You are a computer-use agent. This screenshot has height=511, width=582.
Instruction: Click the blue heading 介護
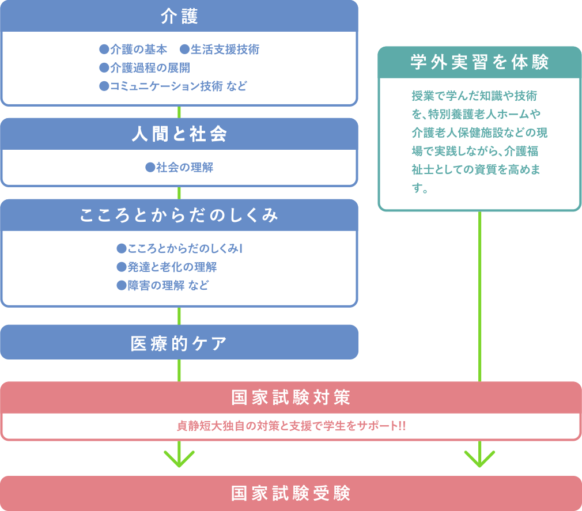[x=179, y=17]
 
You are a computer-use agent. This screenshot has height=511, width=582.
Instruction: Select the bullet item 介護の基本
[x=133, y=50]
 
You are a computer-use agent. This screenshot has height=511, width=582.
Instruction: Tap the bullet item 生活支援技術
[x=220, y=50]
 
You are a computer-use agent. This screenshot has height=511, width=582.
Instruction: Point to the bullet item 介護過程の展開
[x=145, y=68]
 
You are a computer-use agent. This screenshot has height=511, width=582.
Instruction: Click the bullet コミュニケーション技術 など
[x=173, y=86]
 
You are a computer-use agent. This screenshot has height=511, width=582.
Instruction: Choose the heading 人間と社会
[x=179, y=134]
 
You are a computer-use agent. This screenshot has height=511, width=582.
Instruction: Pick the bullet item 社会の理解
[x=179, y=168]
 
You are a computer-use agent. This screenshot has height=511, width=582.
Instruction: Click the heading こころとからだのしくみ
[x=179, y=215]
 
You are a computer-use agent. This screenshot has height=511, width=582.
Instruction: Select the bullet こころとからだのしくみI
[x=179, y=248]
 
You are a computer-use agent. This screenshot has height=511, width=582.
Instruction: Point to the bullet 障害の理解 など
[x=162, y=286]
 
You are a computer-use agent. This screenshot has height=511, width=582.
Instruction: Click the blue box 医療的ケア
[x=179, y=342]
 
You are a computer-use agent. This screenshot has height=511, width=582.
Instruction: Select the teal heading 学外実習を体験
[x=479, y=62]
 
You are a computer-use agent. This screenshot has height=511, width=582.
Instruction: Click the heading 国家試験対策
[x=290, y=398]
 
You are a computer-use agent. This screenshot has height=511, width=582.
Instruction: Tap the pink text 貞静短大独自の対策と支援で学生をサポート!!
[x=290, y=426]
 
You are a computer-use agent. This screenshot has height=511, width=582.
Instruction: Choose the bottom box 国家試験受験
[x=290, y=494]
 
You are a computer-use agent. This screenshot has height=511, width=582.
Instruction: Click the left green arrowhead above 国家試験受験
[x=179, y=459]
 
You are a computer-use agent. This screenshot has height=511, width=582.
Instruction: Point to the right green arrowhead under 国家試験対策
[x=479, y=459]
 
